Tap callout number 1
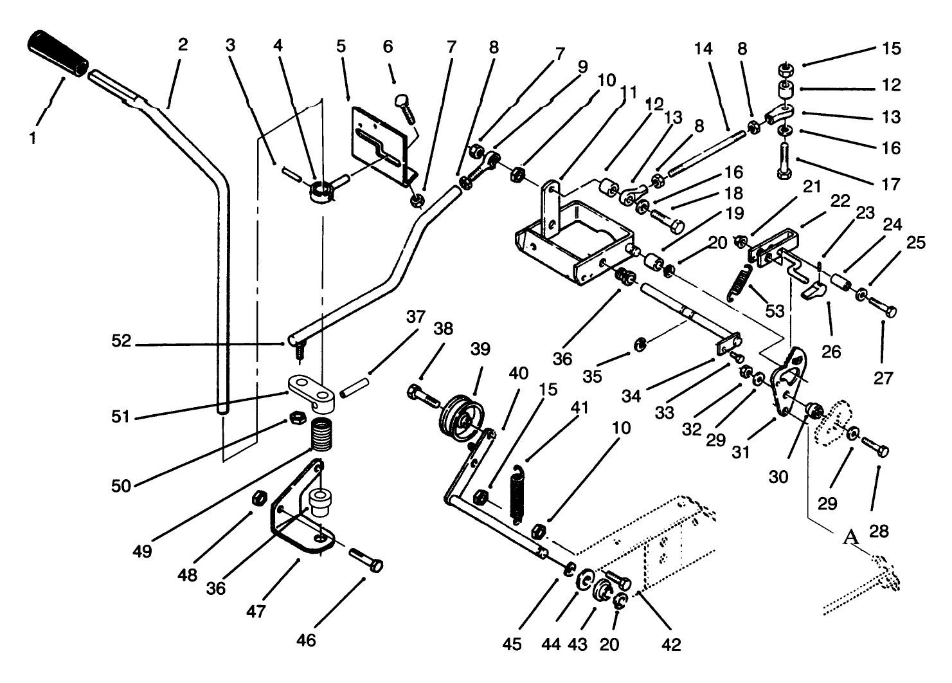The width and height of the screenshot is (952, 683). [x=32, y=137]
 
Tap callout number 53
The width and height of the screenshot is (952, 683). [x=775, y=311]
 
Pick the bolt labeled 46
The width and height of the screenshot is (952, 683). [x=367, y=560]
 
